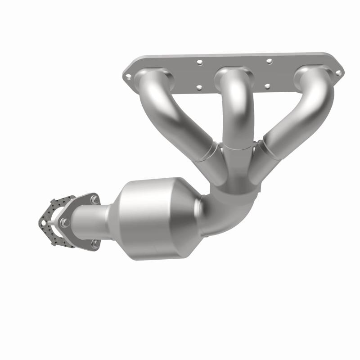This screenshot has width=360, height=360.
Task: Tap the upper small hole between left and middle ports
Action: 200,63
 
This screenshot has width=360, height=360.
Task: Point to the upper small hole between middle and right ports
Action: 269,60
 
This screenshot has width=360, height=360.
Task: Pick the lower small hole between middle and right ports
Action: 267,85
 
